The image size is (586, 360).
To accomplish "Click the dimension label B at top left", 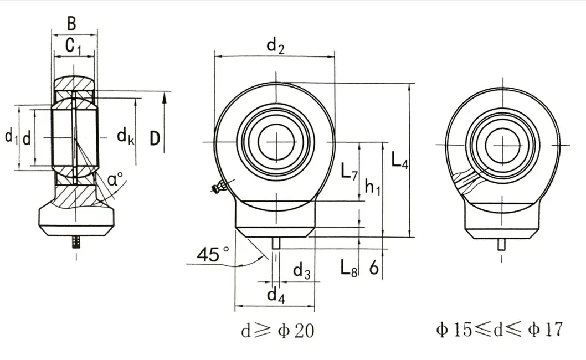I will [x=71, y=24].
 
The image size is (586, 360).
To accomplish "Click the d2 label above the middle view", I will [x=275, y=46].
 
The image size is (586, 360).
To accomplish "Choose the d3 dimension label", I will [x=302, y=271].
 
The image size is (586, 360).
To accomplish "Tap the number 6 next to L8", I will [x=374, y=268].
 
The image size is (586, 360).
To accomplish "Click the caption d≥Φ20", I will [x=277, y=331].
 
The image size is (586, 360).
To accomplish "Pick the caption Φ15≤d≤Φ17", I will [x=499, y=330].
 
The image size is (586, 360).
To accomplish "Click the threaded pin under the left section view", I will [x=76, y=243].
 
